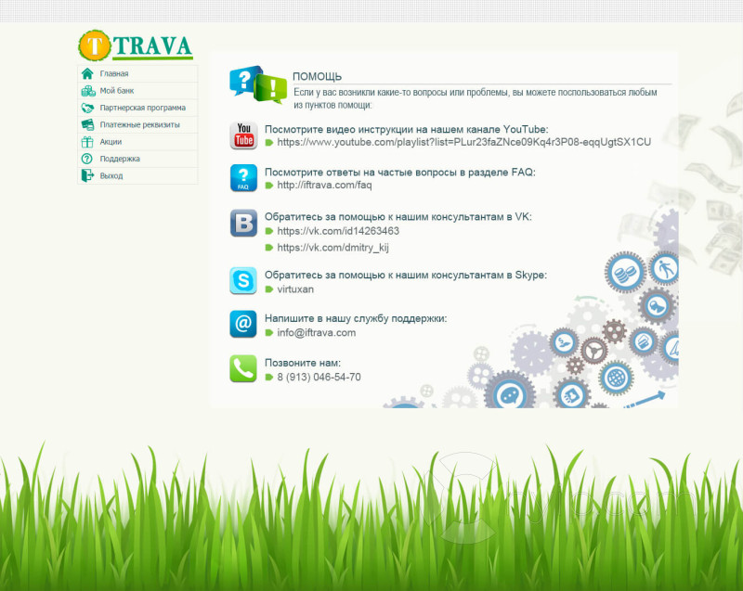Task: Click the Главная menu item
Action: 114,74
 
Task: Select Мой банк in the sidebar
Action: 117,91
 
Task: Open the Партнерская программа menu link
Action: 143,108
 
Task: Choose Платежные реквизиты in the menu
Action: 140,125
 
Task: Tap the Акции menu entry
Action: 111,142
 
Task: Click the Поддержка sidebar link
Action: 120,159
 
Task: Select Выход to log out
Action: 111,176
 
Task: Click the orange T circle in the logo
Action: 95,45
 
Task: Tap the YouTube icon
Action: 243,135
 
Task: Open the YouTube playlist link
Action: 463,143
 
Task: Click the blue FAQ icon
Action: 243,178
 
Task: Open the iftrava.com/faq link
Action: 324,185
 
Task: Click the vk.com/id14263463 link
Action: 338,231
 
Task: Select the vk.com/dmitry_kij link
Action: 333,248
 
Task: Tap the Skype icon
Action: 243,280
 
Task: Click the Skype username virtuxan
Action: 295,289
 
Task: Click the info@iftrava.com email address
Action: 317,333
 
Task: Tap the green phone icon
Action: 243,368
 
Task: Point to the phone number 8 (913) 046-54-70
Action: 319,377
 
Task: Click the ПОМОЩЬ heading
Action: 317,76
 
